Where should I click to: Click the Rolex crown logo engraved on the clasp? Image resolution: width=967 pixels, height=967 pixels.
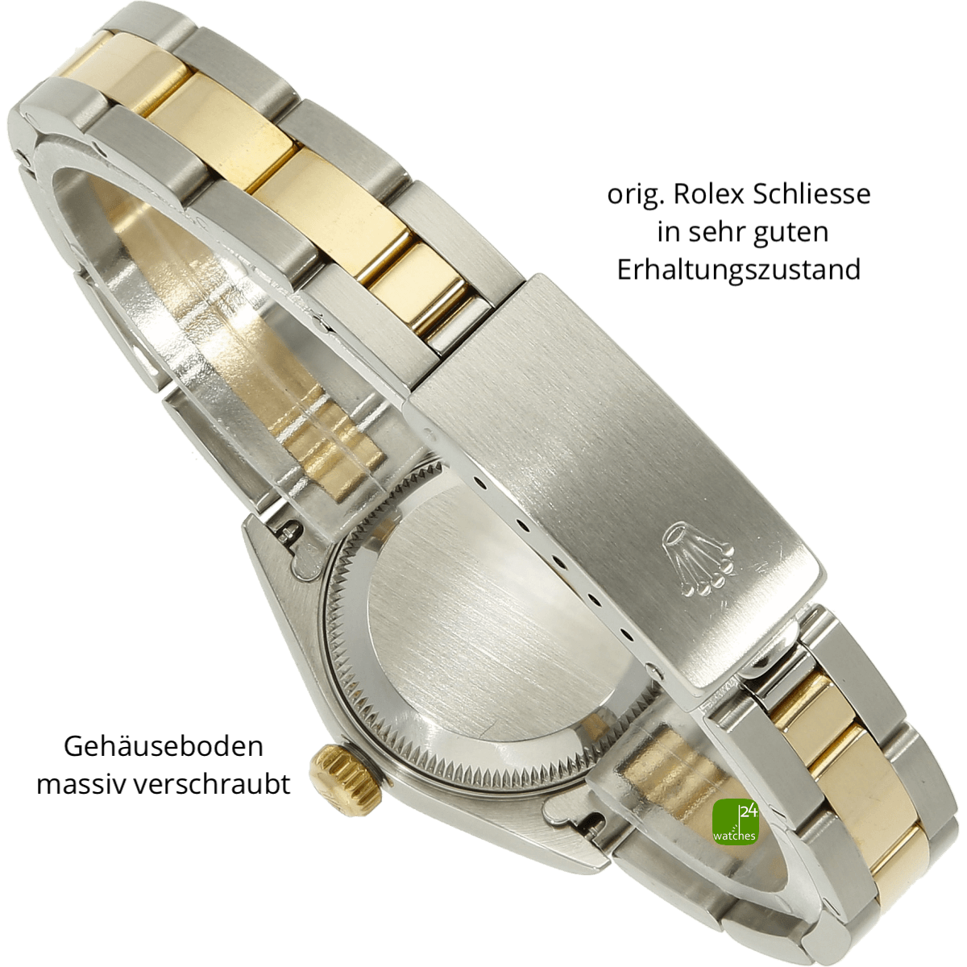point(698,558)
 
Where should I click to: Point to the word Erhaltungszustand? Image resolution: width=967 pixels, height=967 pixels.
point(738,270)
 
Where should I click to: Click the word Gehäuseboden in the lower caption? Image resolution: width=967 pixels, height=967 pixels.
point(163,747)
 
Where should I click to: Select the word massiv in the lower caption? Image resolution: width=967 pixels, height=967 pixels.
point(82,785)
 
